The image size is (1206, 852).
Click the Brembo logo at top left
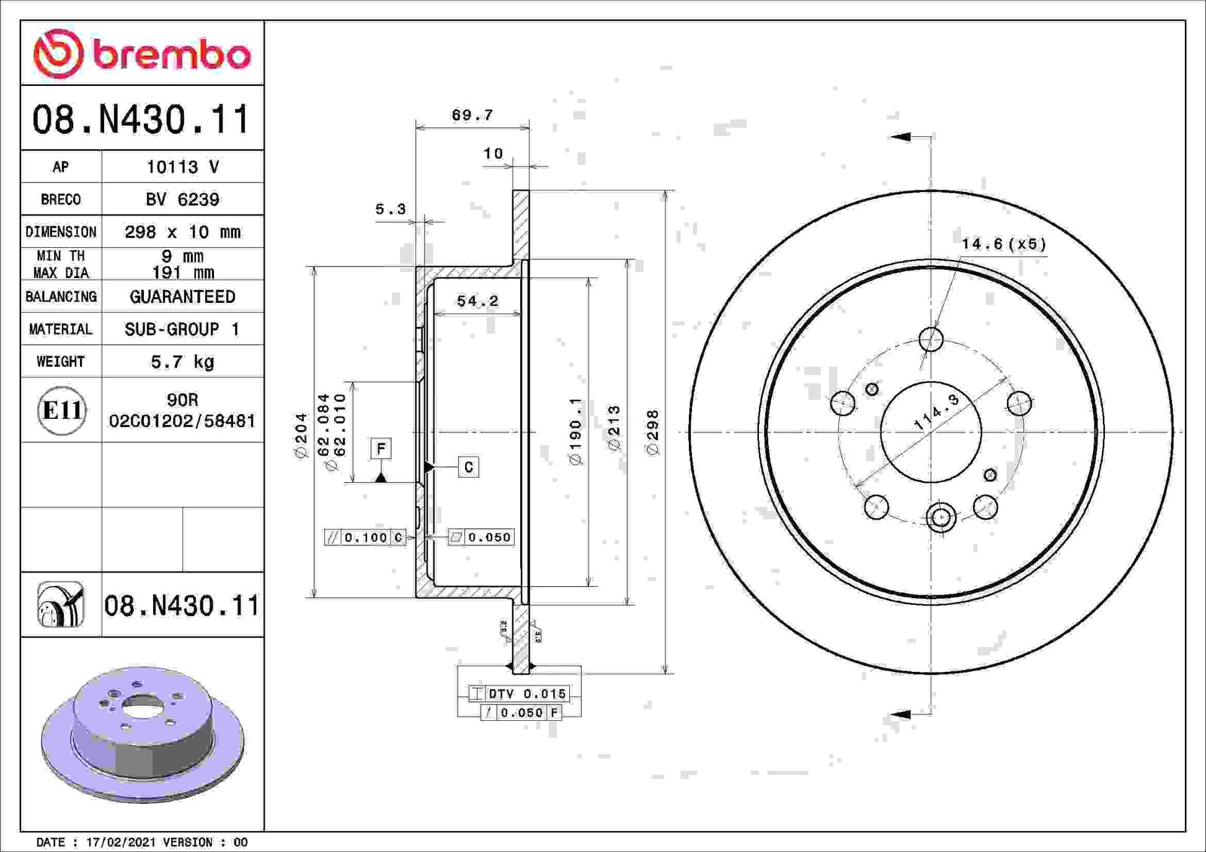click(x=142, y=53)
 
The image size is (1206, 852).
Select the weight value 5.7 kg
click(x=182, y=362)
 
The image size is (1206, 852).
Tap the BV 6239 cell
click(x=182, y=199)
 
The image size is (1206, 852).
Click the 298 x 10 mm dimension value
click(x=182, y=232)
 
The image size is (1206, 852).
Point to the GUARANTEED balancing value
click(x=182, y=297)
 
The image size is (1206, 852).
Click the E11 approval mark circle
click(x=62, y=410)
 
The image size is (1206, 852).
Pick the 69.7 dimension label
click(x=472, y=115)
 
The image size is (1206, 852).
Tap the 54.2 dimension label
click(x=478, y=301)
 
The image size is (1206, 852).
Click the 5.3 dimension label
click(x=390, y=209)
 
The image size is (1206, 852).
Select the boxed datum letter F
click(x=381, y=449)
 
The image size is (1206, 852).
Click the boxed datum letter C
click(x=468, y=466)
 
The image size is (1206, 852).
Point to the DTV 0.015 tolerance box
click(x=519, y=694)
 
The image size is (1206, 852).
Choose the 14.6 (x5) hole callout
click(x=1004, y=244)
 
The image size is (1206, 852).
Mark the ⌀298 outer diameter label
click(x=652, y=432)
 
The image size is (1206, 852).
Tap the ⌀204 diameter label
click(x=301, y=435)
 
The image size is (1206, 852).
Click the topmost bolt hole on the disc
click(x=931, y=340)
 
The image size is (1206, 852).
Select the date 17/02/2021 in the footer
click(x=121, y=841)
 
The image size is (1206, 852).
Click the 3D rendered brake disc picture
click(x=142, y=734)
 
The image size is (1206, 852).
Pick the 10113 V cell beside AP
click(x=182, y=166)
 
